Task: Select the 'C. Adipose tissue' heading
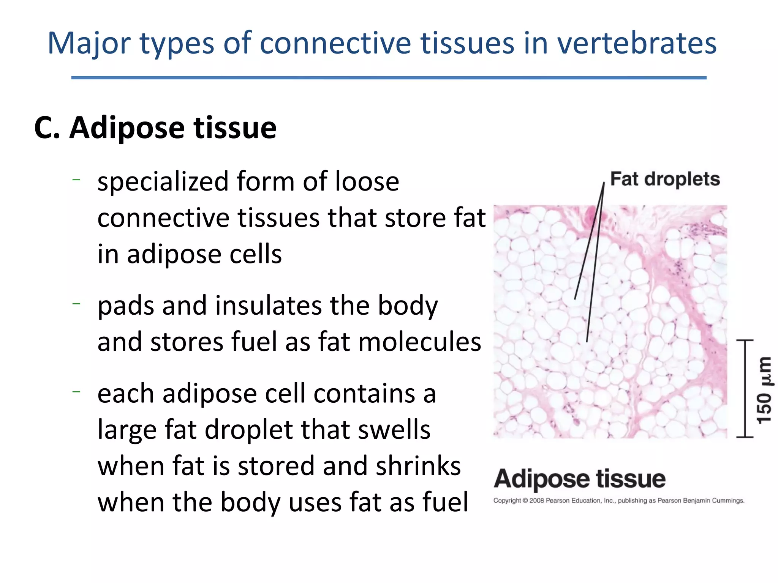155,128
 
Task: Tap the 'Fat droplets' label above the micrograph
665,179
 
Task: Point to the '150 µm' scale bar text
764,390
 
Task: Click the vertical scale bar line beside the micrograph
745,388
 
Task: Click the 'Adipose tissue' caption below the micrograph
579,479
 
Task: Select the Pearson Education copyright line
618,501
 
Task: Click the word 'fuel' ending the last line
446,502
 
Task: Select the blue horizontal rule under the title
389,78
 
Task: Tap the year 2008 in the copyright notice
536,501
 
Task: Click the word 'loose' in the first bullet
367,182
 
